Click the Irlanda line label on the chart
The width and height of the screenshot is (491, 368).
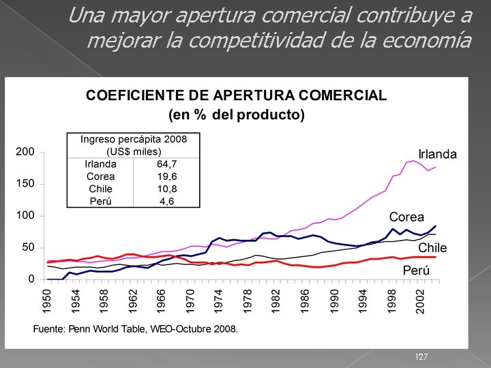[438, 154]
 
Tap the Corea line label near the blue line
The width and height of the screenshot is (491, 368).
[406, 217]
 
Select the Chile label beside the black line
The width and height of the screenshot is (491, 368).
[432, 247]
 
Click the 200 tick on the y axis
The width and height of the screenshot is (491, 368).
[25, 151]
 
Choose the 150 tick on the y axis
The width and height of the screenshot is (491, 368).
[25, 184]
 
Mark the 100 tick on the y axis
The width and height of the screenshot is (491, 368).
[25, 216]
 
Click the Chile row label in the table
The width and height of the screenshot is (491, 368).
[100, 189]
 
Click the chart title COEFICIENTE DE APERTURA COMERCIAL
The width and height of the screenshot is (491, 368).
[236, 95]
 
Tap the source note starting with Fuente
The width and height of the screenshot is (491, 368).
[136, 329]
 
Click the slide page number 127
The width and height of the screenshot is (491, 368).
[421, 357]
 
